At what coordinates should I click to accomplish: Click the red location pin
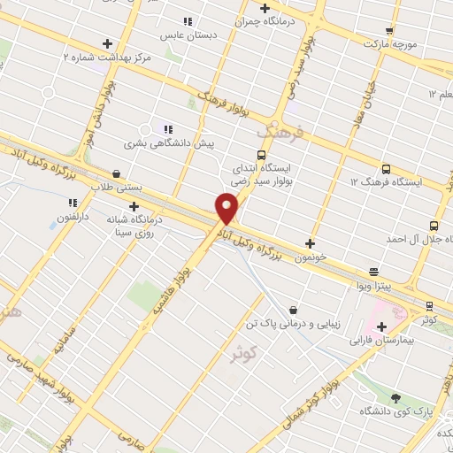coord(227,209)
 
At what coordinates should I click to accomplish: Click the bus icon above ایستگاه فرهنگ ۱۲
coord(385,168)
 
